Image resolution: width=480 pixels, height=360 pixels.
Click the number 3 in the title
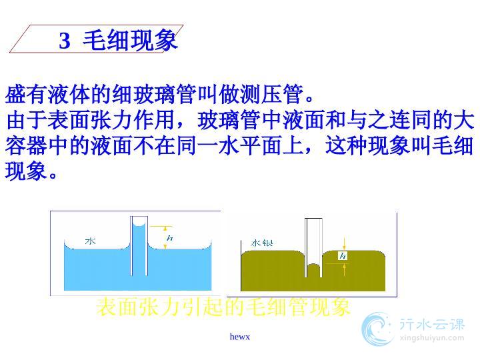coord(65,41)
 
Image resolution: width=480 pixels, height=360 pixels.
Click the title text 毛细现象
coord(130,40)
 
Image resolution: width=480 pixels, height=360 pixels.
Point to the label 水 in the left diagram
coord(90,241)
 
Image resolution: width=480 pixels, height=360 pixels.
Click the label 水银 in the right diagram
coord(262,243)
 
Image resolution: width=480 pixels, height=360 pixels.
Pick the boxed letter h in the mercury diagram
coord(343,255)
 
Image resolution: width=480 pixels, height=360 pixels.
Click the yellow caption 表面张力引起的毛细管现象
coord(223,307)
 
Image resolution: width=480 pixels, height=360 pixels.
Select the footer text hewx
coord(240,337)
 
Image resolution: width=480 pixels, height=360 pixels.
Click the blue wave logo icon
coord(376,329)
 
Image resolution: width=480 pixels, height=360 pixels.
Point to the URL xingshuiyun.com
coord(432,338)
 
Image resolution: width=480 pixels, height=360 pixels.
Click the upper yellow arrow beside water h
coord(165,229)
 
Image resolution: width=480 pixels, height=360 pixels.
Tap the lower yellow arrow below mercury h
coord(345,269)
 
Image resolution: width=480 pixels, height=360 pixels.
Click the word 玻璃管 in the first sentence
coord(165,94)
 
